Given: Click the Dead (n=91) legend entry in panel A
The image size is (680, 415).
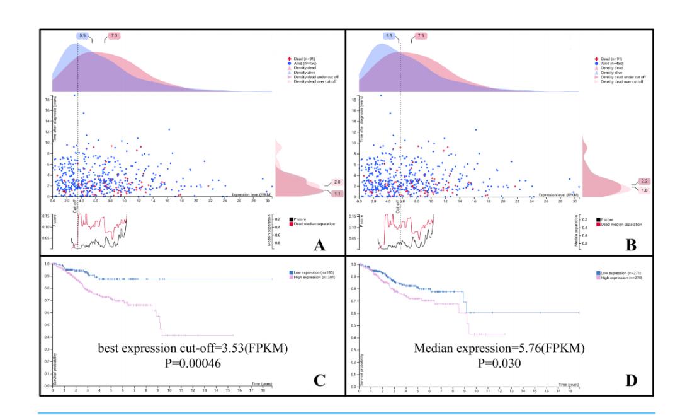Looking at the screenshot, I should coord(295,58).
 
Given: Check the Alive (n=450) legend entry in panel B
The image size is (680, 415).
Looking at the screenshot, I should coord(606,62).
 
